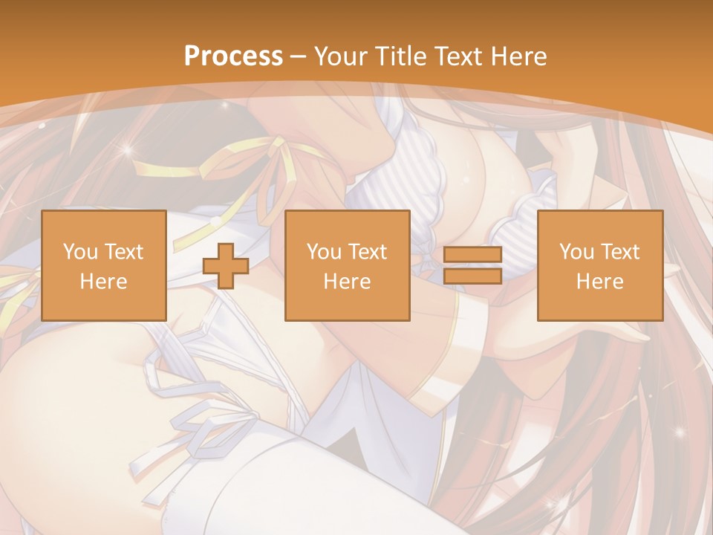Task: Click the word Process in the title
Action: (x=233, y=56)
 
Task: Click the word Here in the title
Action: (x=522, y=56)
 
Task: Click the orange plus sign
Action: (x=226, y=266)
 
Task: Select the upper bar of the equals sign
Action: (x=472, y=255)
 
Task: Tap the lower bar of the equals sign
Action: (x=472, y=276)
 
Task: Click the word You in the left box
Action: (x=79, y=252)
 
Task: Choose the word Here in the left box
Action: (x=103, y=282)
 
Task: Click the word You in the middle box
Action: (x=324, y=252)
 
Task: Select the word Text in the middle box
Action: (x=367, y=252)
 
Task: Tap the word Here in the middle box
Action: (x=347, y=282)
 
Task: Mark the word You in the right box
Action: (x=576, y=252)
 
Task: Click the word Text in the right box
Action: (x=619, y=252)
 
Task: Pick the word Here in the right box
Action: (x=599, y=282)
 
